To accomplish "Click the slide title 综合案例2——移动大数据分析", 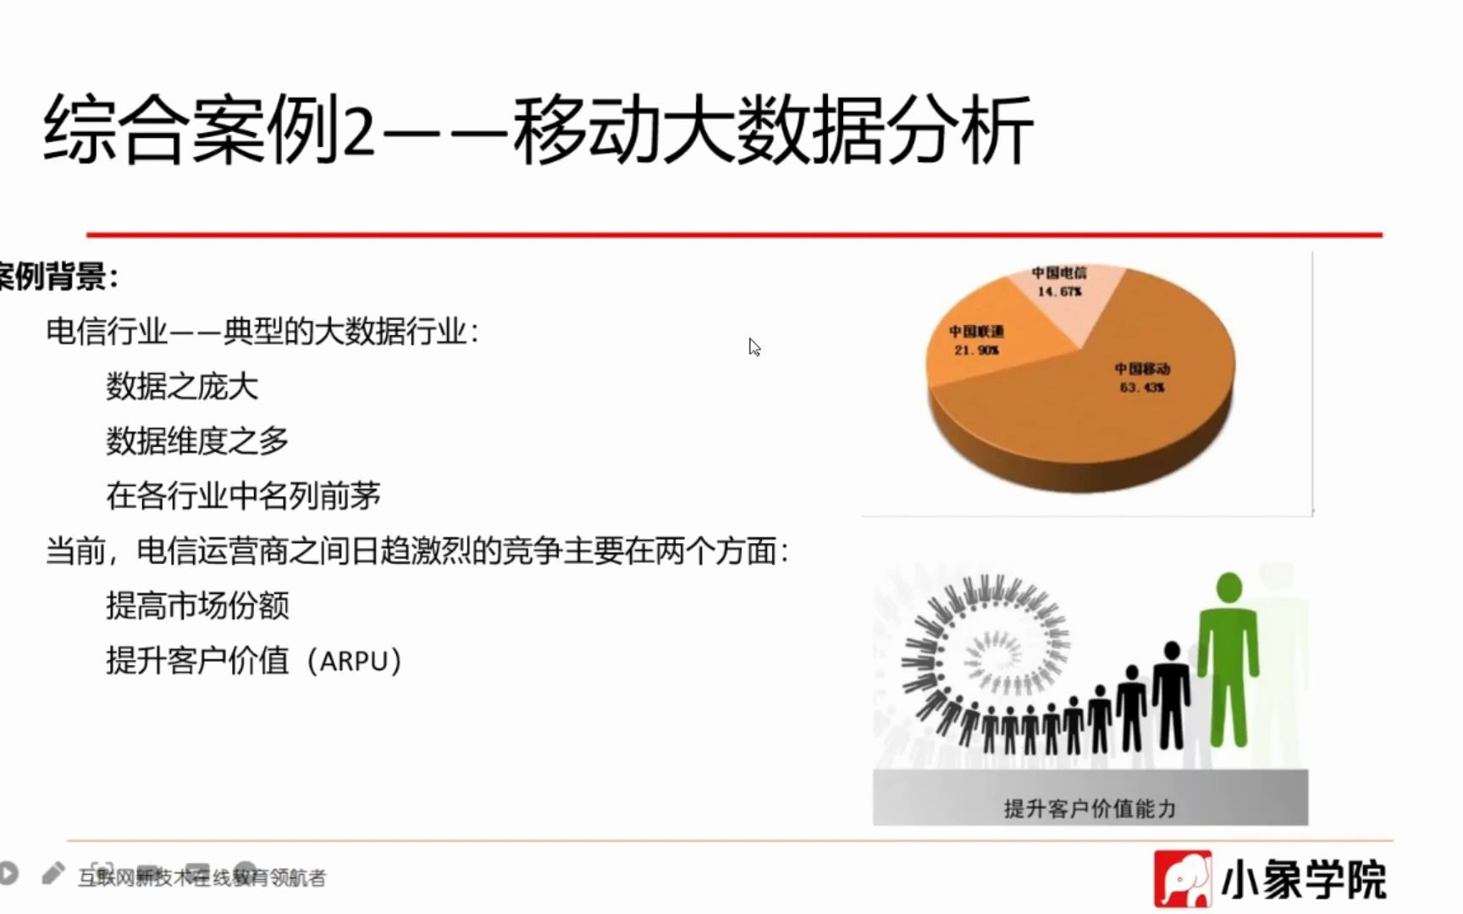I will tap(538, 129).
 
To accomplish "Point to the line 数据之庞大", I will tap(181, 386).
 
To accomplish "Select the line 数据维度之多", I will tap(196, 441).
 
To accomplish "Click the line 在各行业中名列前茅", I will tap(243, 496).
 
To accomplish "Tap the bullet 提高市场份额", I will tap(196, 606).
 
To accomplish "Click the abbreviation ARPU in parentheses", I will tap(354, 661).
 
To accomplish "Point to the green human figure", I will tap(1228, 660).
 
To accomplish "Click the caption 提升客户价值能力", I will tap(1090, 808).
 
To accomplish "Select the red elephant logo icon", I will tap(1182, 879).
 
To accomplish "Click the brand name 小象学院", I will tap(1304, 880).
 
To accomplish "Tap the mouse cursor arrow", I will tap(754, 347).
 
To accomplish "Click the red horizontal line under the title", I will tap(734, 234).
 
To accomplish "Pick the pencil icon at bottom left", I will tap(52, 873).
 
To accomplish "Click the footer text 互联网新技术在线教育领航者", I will tap(202, 878).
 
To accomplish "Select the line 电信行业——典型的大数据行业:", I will tap(262, 331).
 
